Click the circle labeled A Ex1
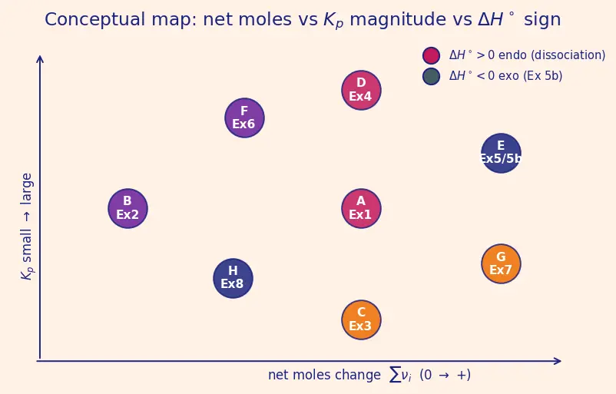point(361,208)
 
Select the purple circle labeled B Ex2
point(128,208)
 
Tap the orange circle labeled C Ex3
point(361,320)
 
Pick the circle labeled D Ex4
point(361,90)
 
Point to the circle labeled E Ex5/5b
point(501,153)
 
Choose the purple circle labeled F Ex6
point(244,118)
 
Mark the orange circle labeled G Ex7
point(501,263)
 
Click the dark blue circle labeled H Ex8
point(233,278)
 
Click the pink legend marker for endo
point(431,55)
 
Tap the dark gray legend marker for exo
point(431,76)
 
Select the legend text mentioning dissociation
point(527,55)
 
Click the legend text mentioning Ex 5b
point(505,75)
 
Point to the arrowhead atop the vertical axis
point(40,58)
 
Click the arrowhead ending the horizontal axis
point(558,361)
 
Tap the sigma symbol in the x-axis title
point(395,374)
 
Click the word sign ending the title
point(542,20)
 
